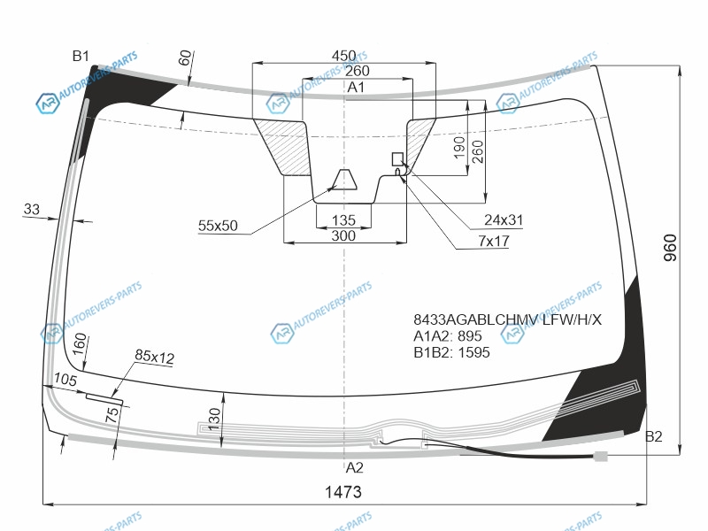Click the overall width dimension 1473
pos(343,492)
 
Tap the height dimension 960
pos(671,248)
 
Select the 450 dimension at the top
pos(344,56)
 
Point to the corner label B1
pos(81,56)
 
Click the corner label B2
pos(653,436)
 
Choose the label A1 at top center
pos(356,87)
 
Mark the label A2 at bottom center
pos(355,467)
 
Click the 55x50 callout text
pos(218,226)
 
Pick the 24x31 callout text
pos(504,219)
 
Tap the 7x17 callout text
pos(494,241)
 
